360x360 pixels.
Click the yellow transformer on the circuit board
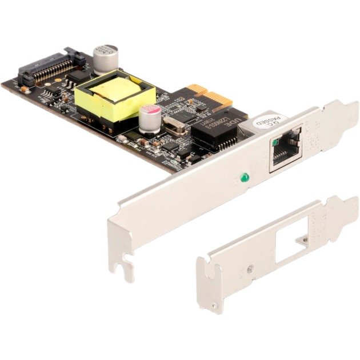114,98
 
